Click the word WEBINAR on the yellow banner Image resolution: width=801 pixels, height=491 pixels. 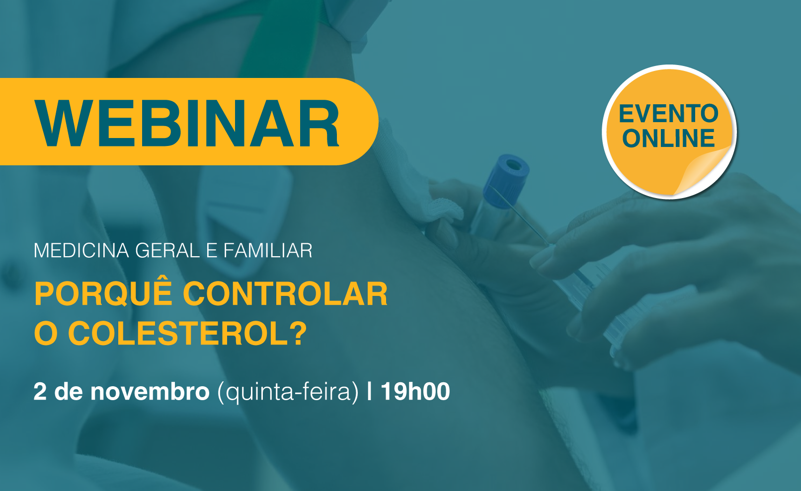click(187, 123)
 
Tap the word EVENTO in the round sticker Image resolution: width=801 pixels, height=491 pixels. click(668, 114)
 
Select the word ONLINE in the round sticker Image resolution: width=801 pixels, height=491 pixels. click(668, 139)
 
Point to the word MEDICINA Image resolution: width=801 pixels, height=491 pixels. click(81, 251)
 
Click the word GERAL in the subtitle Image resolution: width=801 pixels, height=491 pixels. click(167, 251)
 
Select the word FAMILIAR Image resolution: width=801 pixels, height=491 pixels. click(268, 251)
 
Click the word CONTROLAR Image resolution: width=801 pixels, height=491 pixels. click(285, 294)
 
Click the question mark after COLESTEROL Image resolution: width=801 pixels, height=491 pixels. click(297, 333)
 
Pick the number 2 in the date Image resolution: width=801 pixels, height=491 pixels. click(40, 392)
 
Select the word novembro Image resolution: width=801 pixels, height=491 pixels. click(150, 392)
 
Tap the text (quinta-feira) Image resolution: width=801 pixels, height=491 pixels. click(288, 393)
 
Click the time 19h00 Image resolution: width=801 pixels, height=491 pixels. click(415, 391)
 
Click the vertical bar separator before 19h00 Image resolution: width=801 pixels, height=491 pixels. click(369, 392)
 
